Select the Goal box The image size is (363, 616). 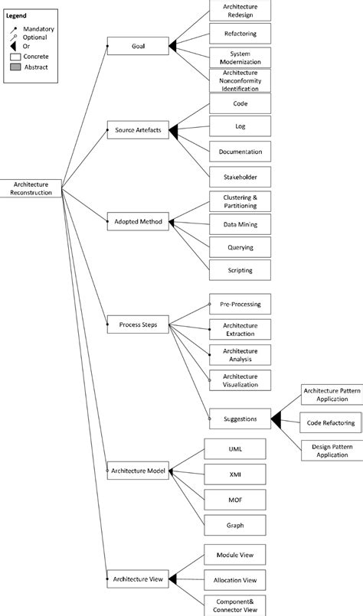click(138, 46)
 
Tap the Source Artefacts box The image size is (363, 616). click(138, 131)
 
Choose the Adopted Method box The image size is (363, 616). click(138, 222)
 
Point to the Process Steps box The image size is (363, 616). click(138, 324)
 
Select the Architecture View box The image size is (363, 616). click(138, 578)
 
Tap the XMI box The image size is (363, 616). click(234, 474)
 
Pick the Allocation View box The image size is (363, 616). click(234, 578)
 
